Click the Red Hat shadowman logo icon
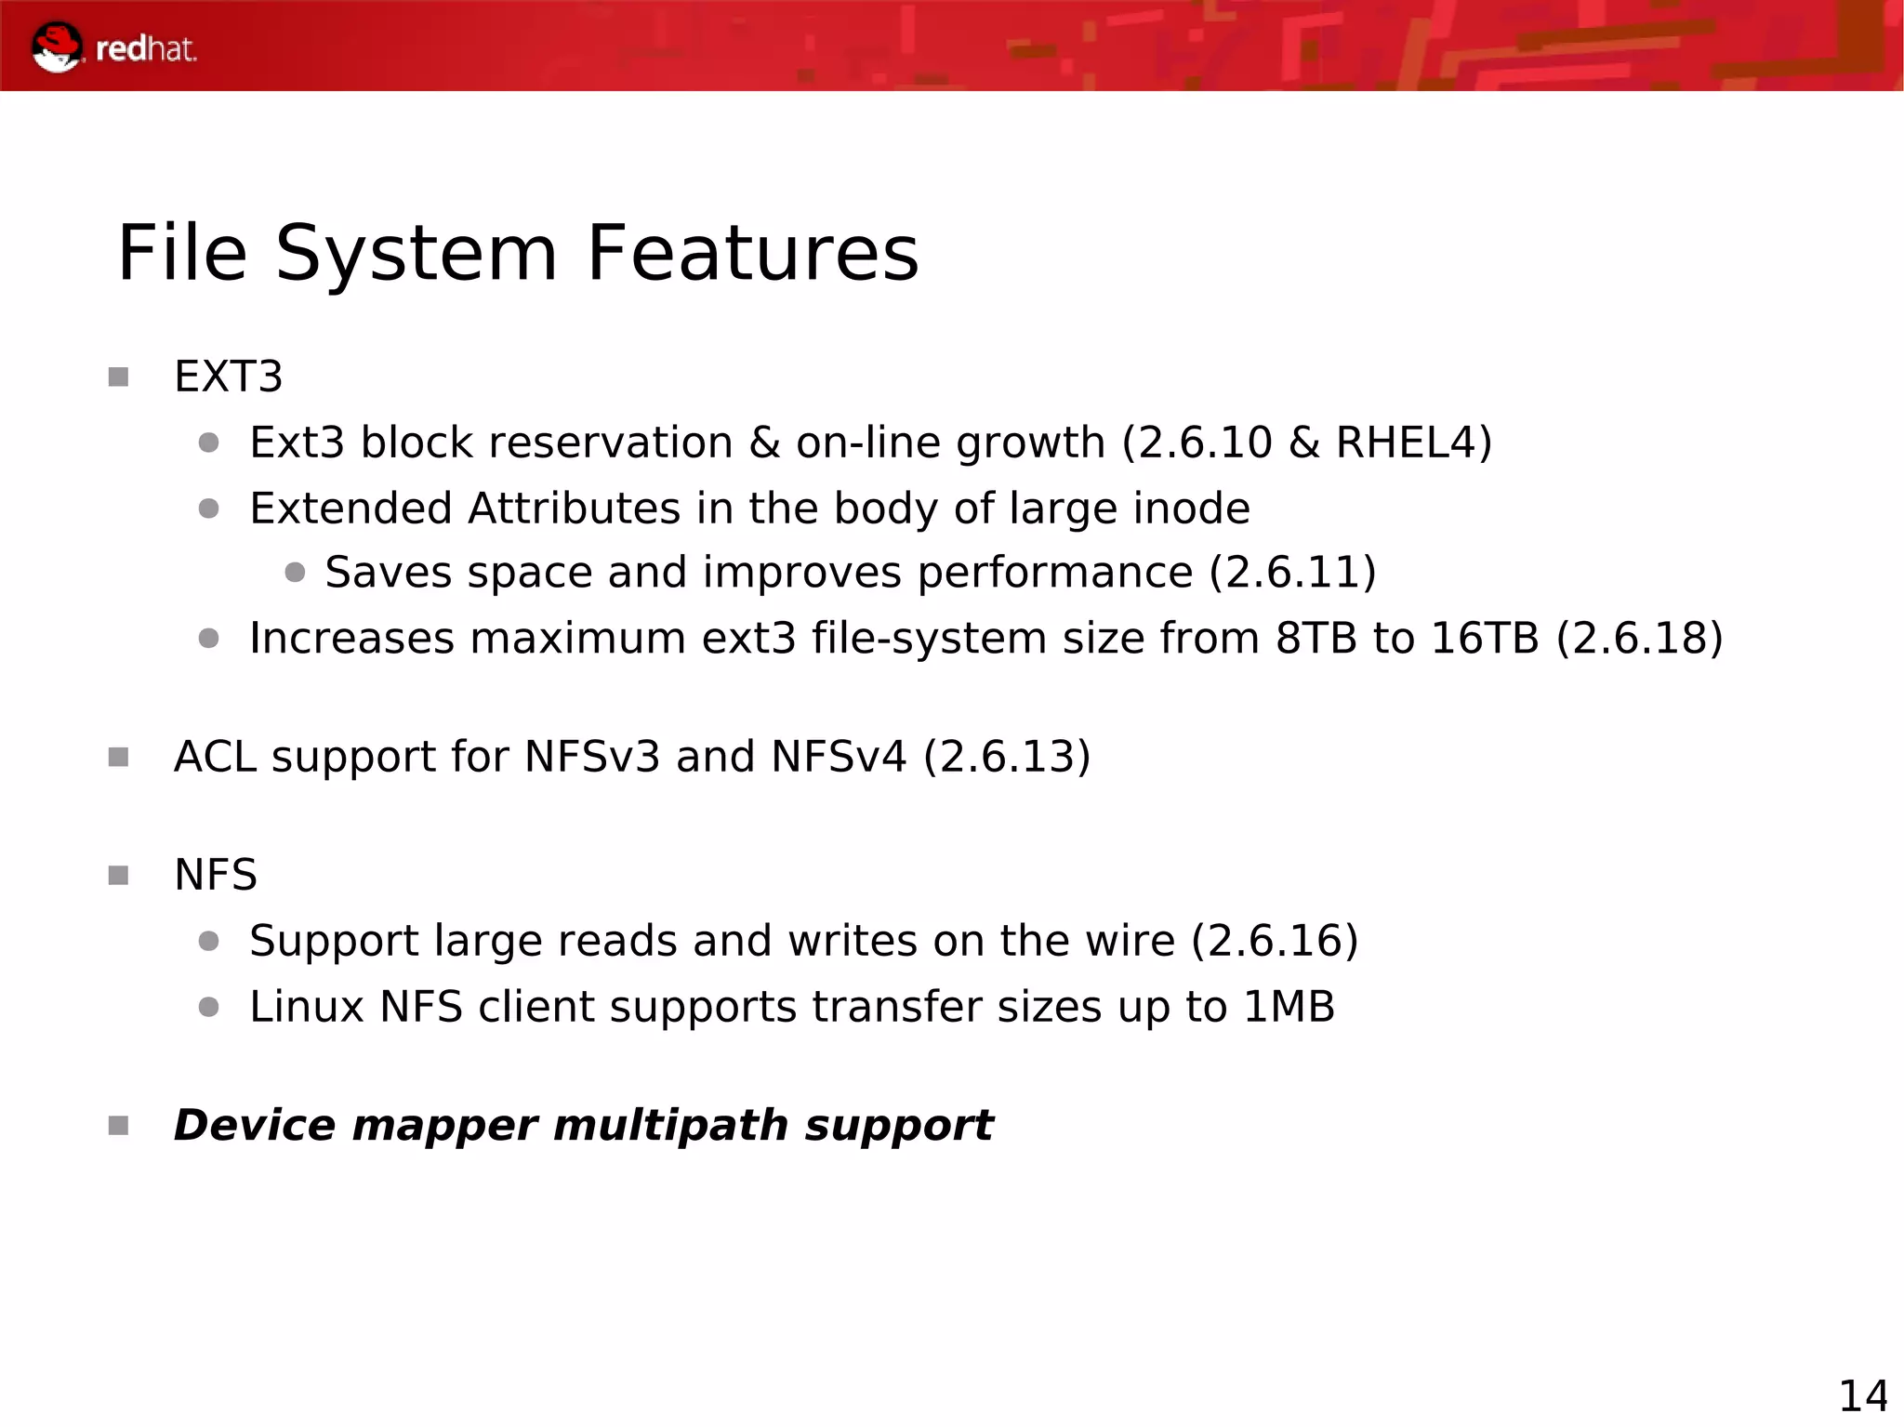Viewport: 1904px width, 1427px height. click(x=57, y=46)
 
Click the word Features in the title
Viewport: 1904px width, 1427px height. click(x=752, y=253)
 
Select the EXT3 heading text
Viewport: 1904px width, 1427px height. click(x=228, y=377)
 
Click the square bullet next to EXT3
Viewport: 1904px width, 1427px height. click(x=118, y=377)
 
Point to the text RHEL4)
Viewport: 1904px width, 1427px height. click(x=1413, y=443)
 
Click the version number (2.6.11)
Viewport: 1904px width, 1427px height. click(x=1292, y=572)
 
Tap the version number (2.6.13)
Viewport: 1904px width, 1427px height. click(x=1007, y=757)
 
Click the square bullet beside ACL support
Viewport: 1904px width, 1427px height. click(x=118, y=758)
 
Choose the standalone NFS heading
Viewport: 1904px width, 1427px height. click(x=216, y=875)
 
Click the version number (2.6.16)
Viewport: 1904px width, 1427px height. click(x=1275, y=941)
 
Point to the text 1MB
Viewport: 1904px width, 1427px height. click(x=1289, y=1007)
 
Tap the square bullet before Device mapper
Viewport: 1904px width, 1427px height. click(x=118, y=1127)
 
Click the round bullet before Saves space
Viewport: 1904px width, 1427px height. click(x=295, y=573)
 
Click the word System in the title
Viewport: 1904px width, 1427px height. click(x=416, y=253)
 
